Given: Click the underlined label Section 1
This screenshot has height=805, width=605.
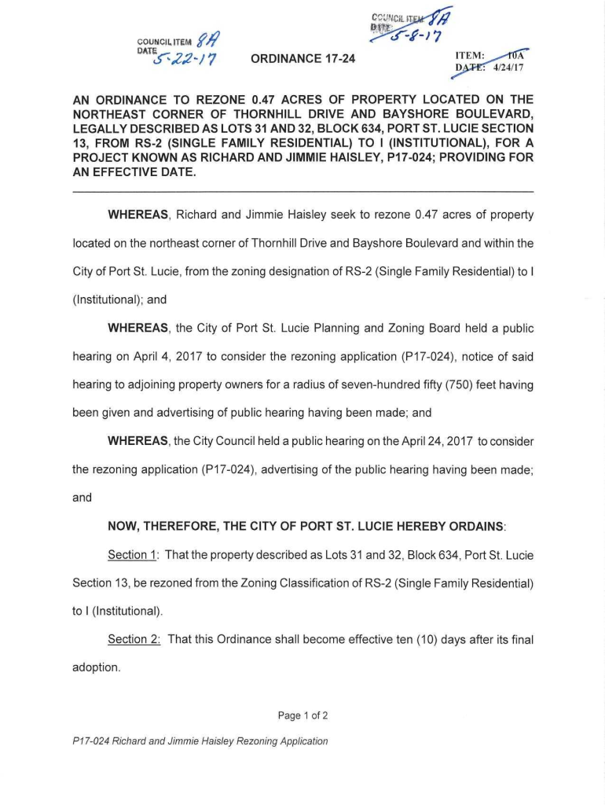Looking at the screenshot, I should coord(132,555).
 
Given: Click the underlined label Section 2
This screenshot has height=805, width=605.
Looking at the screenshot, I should coord(133,639).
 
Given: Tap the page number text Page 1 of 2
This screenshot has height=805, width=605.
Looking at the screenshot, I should coord(302,715).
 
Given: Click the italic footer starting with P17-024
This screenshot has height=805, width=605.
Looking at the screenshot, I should coord(200,741).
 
